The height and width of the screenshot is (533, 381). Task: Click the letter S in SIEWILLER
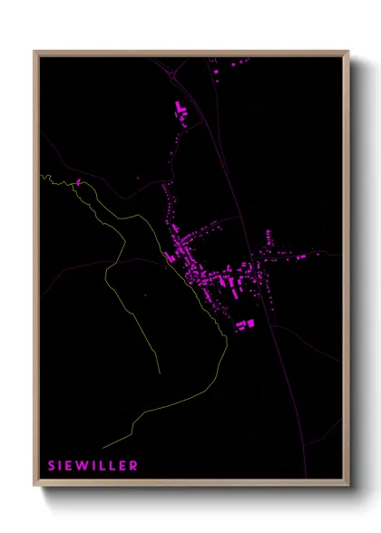tap(52, 466)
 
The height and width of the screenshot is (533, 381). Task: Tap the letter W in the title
tap(83, 466)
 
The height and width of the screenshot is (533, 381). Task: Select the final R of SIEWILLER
tap(134, 466)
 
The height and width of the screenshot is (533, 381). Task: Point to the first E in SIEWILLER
tap(70, 466)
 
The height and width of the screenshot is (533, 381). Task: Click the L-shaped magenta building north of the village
tap(180, 111)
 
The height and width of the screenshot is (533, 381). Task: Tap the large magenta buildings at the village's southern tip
tap(245, 324)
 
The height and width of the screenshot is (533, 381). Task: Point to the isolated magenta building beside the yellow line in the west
tap(78, 182)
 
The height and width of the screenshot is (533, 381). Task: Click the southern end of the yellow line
tap(103, 447)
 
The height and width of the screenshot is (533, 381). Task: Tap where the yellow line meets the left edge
tap(42, 176)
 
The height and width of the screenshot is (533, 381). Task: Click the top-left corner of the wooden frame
tap(34, 52)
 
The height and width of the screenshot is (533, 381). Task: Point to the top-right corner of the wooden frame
tap(347, 52)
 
